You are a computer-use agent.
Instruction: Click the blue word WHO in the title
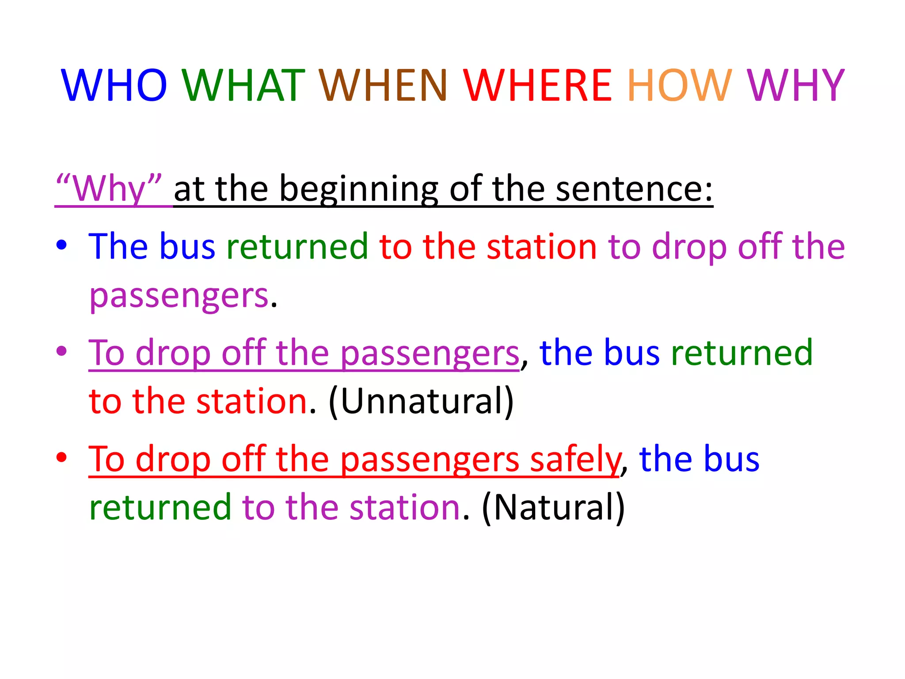tap(114, 85)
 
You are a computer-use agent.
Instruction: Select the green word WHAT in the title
tap(243, 85)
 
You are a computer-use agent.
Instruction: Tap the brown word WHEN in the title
tap(383, 85)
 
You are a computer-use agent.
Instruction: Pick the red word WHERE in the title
tap(537, 85)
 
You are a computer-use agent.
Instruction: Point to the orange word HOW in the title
tap(680, 85)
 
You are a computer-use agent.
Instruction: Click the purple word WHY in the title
tap(795, 85)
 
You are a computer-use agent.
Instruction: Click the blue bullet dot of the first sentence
tap(61, 244)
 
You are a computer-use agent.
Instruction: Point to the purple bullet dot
tap(61, 351)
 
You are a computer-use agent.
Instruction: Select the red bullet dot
tap(61, 457)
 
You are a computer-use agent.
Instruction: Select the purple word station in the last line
tap(405, 507)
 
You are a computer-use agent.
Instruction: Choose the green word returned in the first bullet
tap(297, 246)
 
